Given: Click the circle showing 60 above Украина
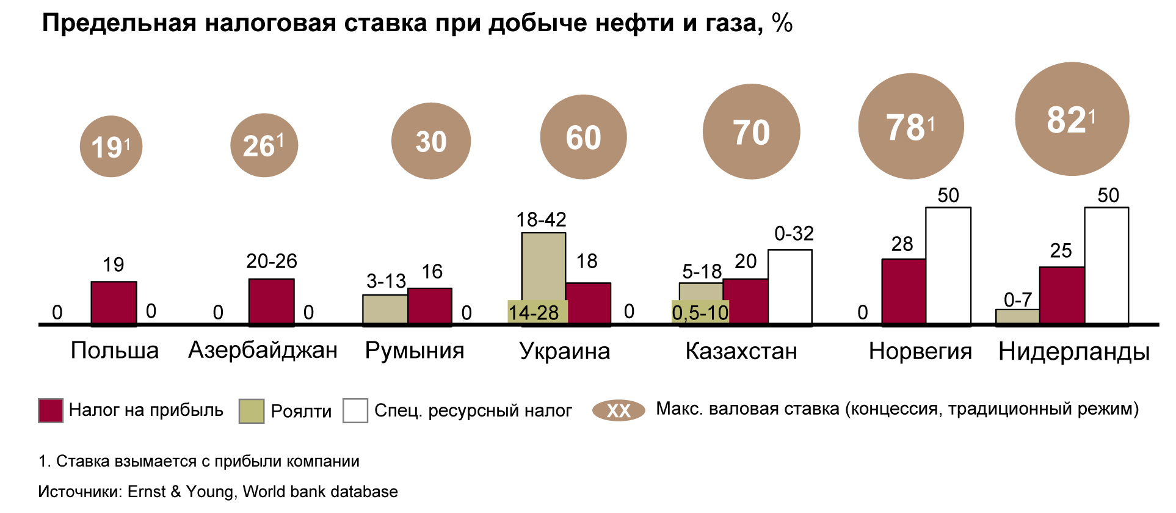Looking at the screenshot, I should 583,137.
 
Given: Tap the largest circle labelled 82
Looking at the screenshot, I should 1072,119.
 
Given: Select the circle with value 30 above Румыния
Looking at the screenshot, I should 430,141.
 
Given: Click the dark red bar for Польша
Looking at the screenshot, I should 114,302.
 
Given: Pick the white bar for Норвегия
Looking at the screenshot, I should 948,266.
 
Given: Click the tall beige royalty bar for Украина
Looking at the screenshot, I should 543,266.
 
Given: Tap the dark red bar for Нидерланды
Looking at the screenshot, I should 1062,295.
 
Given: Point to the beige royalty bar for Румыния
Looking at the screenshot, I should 385,309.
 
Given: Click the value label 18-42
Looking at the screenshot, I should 541,220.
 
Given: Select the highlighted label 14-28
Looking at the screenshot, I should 534,313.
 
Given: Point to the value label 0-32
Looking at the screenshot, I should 794,233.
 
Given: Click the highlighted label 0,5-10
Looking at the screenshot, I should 700,313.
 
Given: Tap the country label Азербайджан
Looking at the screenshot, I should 263,351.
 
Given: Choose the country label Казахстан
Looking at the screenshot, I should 741,351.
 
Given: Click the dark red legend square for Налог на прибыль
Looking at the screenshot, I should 50,410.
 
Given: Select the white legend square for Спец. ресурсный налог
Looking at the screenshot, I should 355,410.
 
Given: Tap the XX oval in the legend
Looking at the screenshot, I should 618,410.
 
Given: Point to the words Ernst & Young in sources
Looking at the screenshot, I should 181,492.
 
